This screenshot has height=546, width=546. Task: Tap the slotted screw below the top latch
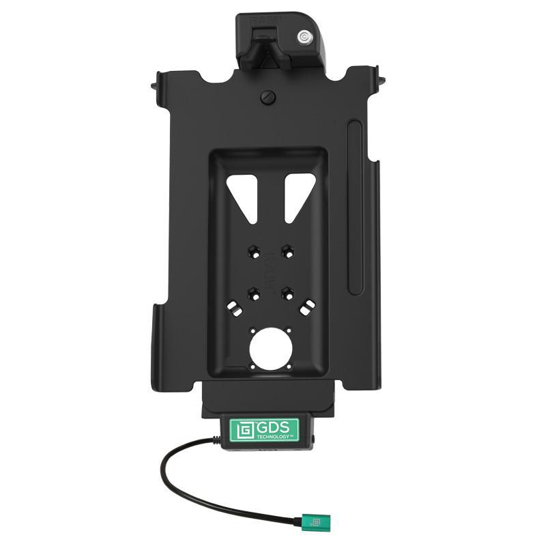tap(267, 97)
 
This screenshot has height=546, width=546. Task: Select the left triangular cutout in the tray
tap(243, 195)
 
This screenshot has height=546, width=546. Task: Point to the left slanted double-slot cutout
tap(235, 308)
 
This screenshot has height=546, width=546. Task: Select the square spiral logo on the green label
tap(244, 431)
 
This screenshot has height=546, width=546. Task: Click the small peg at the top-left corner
tap(154, 87)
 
